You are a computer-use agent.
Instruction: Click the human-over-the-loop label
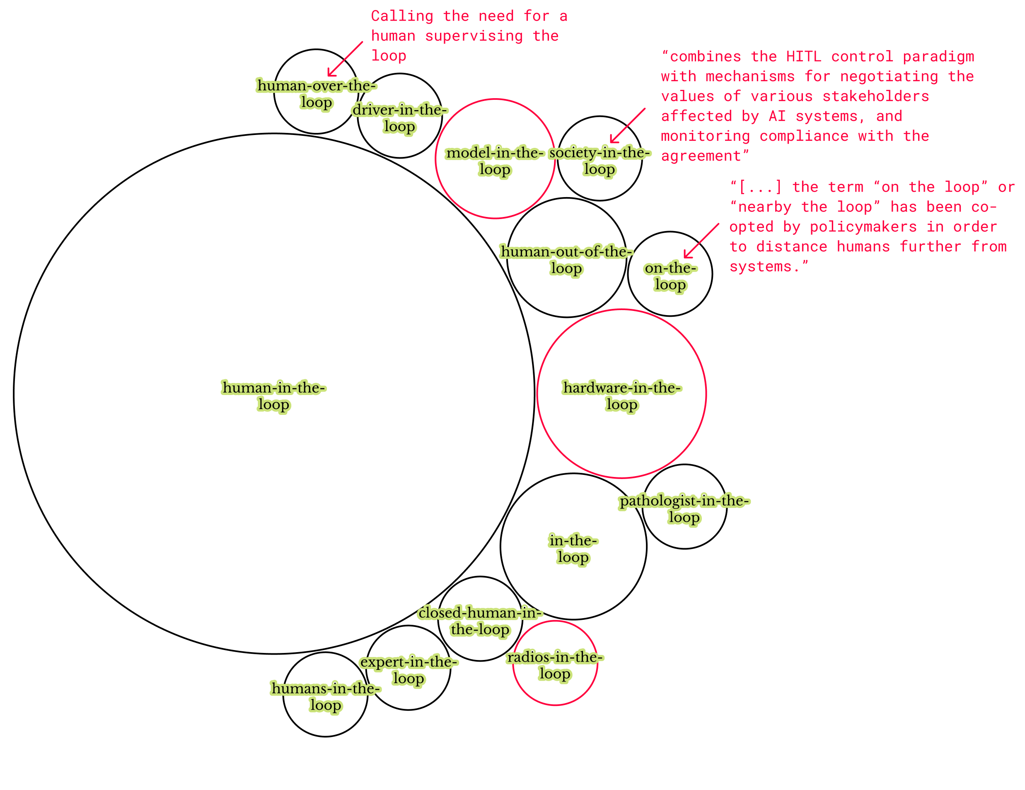[x=316, y=94]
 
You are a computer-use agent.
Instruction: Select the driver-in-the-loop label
[x=399, y=118]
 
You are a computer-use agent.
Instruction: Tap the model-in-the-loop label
[x=495, y=161]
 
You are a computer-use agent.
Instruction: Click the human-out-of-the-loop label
[x=566, y=260]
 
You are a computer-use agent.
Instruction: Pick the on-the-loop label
[x=670, y=276]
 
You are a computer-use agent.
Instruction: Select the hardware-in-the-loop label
[x=621, y=396]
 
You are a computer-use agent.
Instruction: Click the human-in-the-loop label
[x=273, y=396]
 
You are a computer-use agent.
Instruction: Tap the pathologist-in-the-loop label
[x=684, y=509]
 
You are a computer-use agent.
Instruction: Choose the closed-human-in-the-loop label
[x=480, y=621]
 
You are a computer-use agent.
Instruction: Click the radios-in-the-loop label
[x=555, y=665]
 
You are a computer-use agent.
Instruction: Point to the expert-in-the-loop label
[x=409, y=670]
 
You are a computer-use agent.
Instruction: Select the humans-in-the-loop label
[x=325, y=697]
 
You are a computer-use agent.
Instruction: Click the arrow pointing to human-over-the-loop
[x=345, y=59]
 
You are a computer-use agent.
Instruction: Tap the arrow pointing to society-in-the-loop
[x=628, y=126]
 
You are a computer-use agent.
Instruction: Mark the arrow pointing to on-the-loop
[x=701, y=241]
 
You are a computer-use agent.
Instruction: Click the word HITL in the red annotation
[x=803, y=57]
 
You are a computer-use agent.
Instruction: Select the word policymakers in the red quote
[x=863, y=227]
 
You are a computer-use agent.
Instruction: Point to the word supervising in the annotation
[x=474, y=36]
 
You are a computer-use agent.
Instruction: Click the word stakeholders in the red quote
[x=875, y=96]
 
